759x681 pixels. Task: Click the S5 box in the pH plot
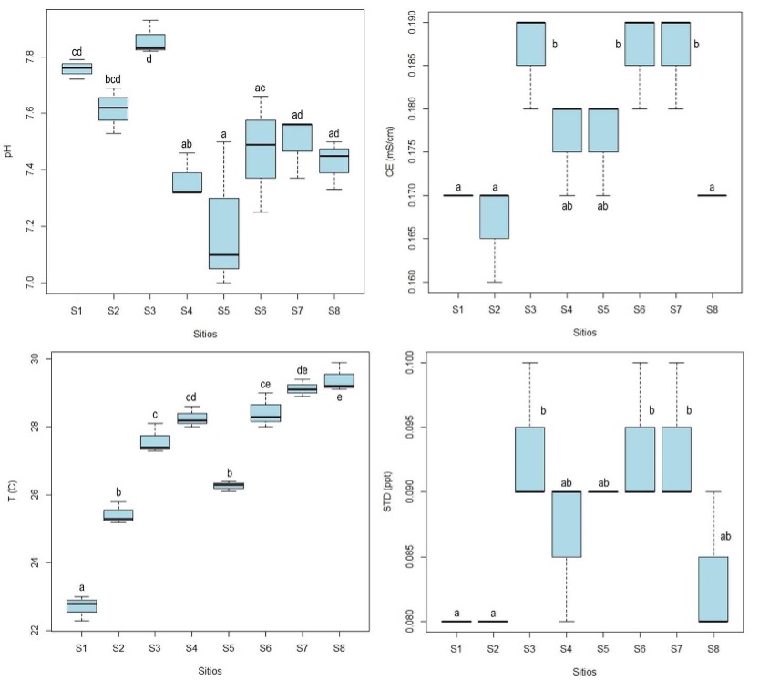(x=223, y=232)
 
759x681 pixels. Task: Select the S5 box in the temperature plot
(x=223, y=485)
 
